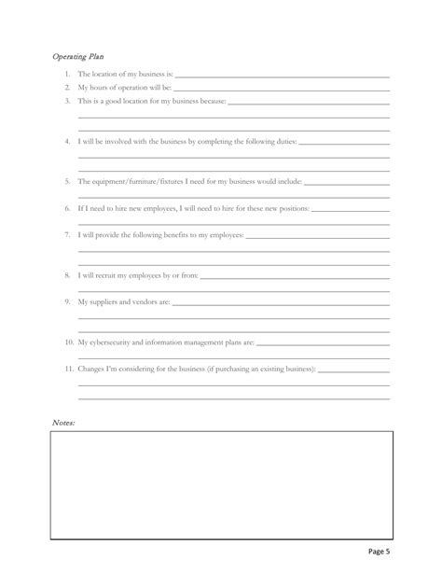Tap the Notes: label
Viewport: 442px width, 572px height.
pos(63,423)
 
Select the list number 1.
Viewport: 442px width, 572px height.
pos(69,74)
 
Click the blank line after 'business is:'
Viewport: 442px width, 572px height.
pos(282,75)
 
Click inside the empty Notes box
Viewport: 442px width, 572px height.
pos(221,484)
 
